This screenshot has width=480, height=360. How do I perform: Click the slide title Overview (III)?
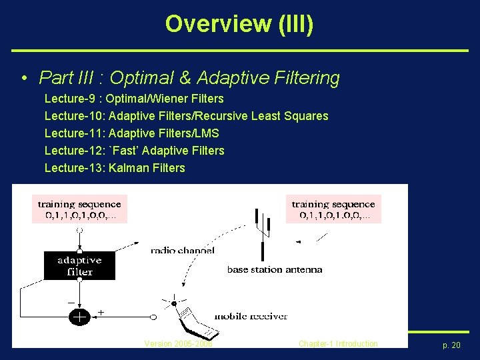[239, 24]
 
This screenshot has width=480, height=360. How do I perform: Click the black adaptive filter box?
[79, 265]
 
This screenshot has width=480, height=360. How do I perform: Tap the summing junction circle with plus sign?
[79, 317]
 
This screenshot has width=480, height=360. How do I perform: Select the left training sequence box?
[79, 209]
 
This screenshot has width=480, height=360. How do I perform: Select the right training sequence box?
[333, 209]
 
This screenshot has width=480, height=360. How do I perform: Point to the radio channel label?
[182, 251]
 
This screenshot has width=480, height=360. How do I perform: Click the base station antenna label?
[275, 269]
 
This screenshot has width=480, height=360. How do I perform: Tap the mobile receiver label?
[251, 315]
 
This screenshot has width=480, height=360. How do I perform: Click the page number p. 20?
[451, 345]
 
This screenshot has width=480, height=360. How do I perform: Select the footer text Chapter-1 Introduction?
[338, 343]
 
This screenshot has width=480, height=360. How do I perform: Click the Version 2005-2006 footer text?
[178, 343]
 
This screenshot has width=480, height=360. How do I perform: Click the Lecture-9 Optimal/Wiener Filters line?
[134, 99]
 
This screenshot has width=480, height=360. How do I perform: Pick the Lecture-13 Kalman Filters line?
[115, 168]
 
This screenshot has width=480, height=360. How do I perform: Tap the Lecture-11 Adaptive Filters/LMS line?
[131, 133]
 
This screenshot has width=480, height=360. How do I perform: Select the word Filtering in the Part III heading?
[307, 78]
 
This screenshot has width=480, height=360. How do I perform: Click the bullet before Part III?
[24, 78]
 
